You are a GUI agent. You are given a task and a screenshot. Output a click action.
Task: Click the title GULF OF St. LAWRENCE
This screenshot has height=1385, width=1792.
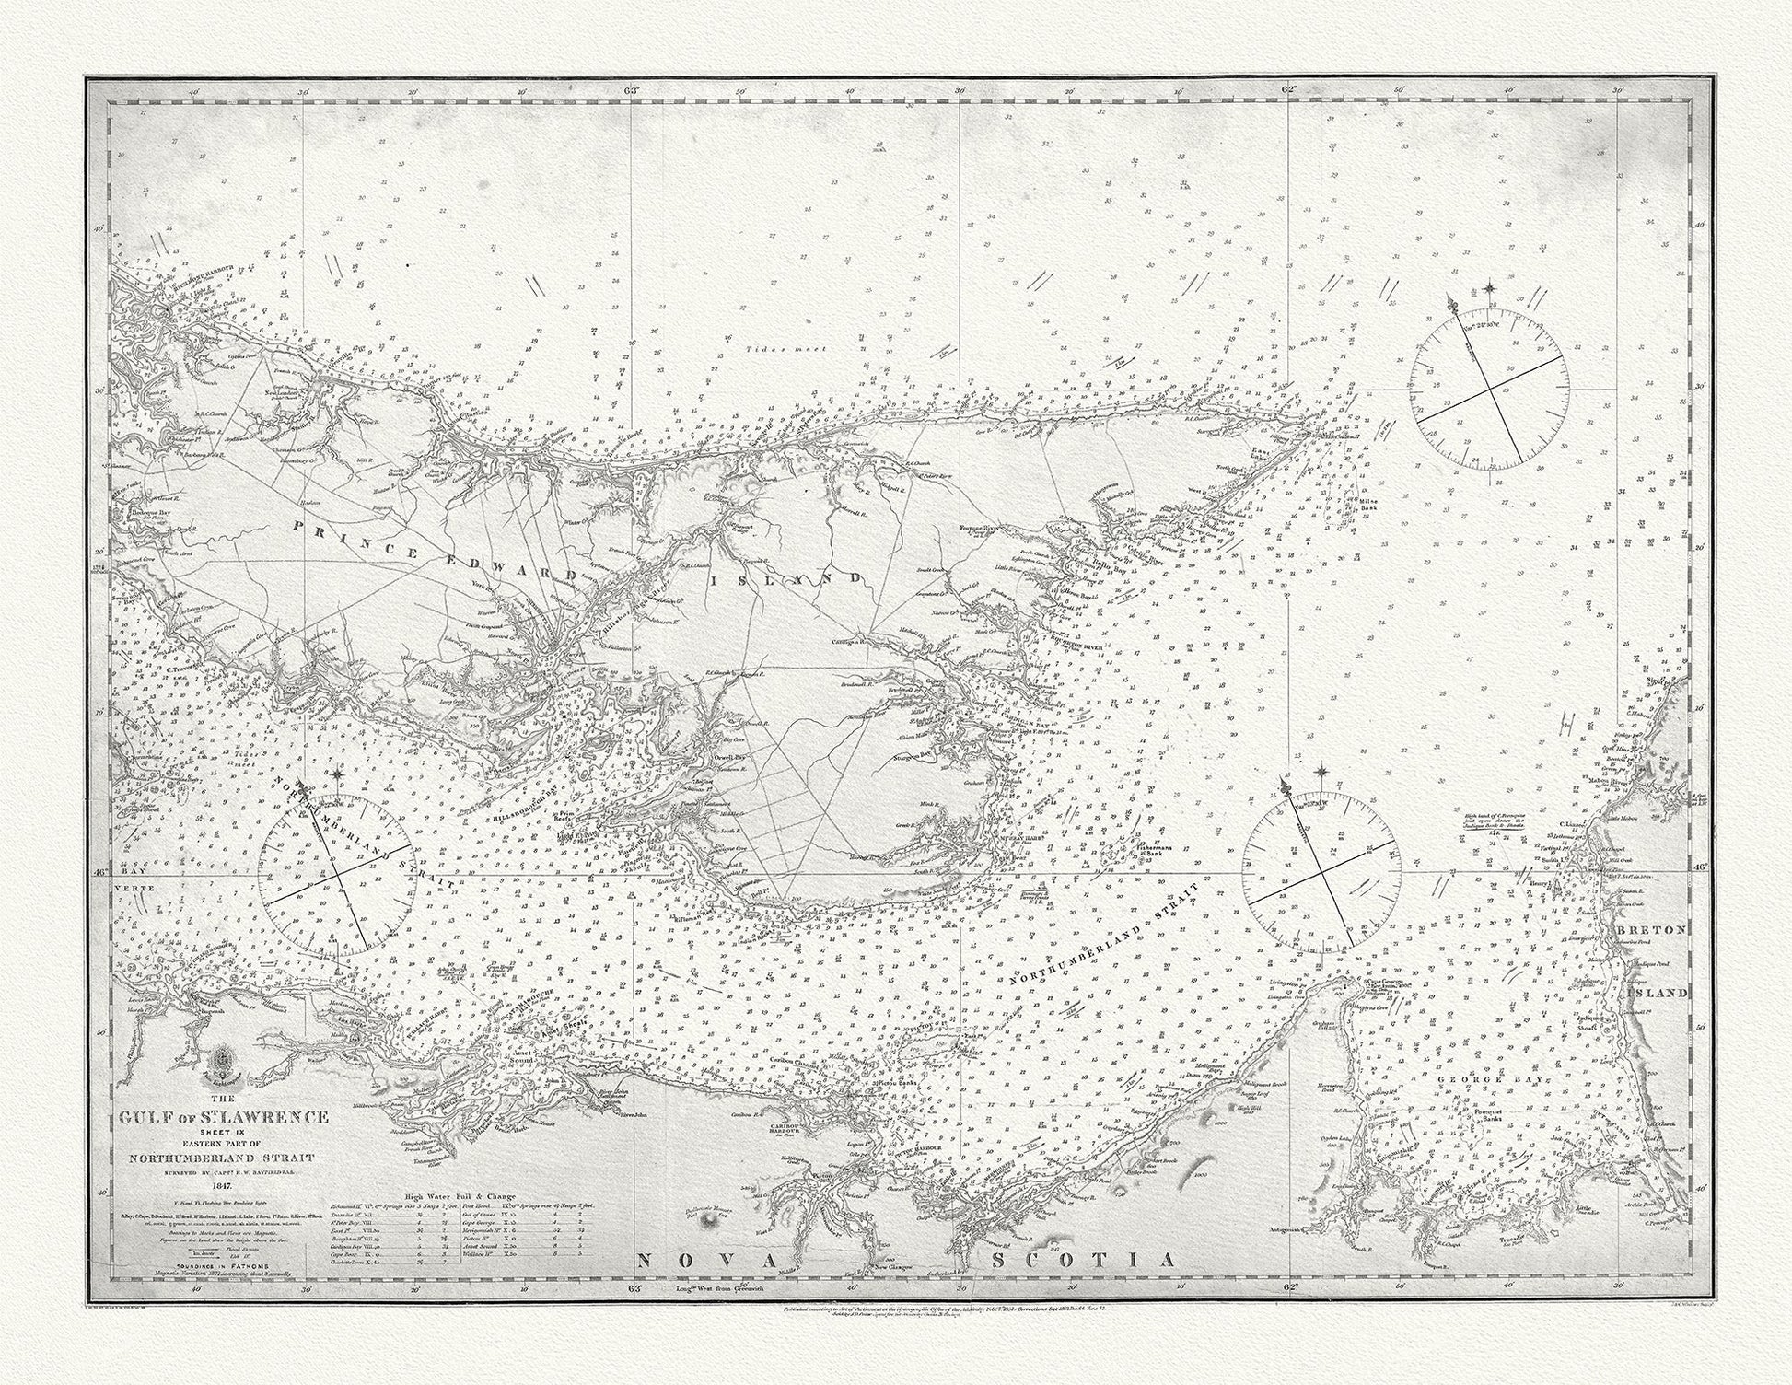[225, 1117]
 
